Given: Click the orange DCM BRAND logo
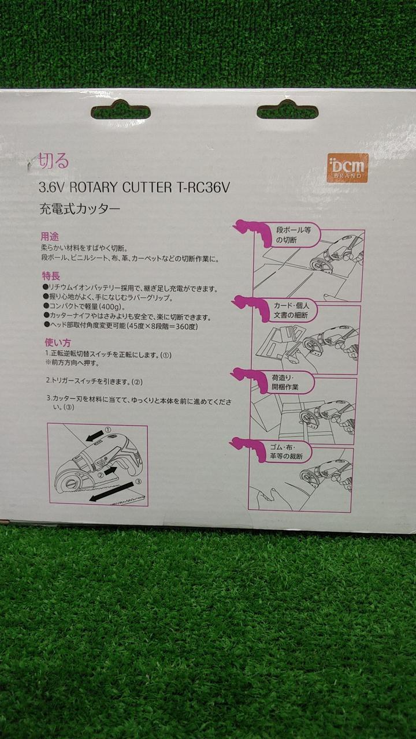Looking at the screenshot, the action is [348, 167].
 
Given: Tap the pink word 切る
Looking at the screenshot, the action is [54, 161].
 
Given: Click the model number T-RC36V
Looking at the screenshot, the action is [201, 188].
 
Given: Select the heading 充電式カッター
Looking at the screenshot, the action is [80, 209].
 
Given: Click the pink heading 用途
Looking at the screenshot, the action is [50, 237].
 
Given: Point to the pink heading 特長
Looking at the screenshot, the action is [51, 275].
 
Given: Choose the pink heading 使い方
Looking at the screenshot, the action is [58, 342].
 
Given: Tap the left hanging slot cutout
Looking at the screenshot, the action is [121, 111].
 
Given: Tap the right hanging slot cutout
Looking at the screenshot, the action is [288, 111].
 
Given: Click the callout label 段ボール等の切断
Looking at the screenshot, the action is [294, 235].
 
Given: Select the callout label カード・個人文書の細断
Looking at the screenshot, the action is [291, 310].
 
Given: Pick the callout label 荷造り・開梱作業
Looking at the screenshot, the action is [285, 382].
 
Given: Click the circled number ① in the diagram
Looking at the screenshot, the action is [108, 430].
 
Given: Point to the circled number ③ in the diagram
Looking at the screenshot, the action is [139, 482].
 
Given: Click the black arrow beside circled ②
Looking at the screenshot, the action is [110, 471].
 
